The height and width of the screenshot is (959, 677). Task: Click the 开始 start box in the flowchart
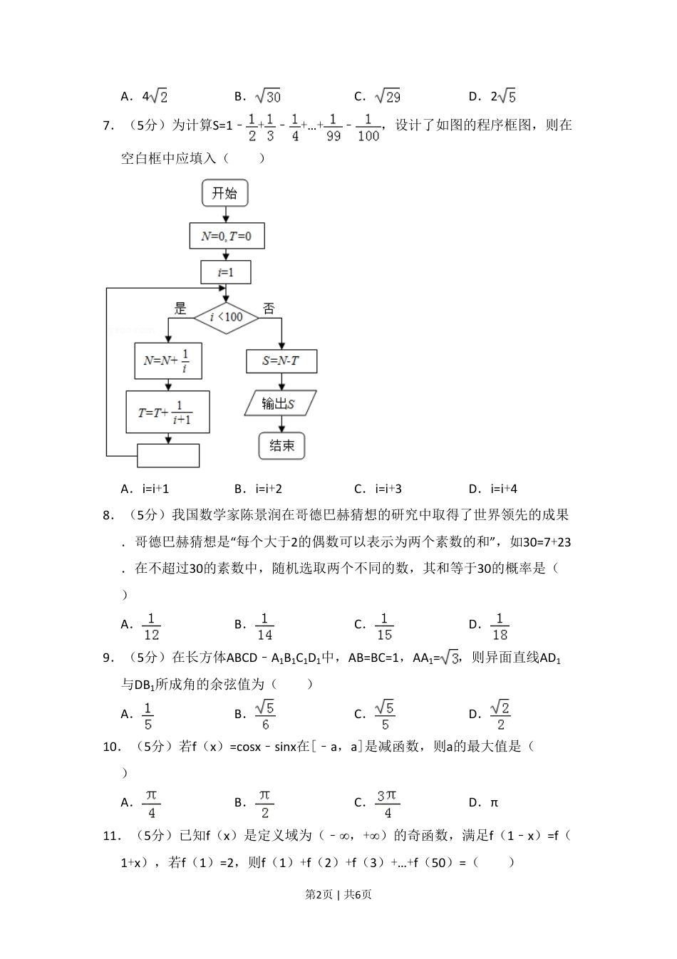pyautogui.click(x=225, y=193)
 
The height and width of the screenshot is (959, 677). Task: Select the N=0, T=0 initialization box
pyautogui.click(x=227, y=236)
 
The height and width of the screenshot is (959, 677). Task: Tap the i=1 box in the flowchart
pyautogui.click(x=226, y=272)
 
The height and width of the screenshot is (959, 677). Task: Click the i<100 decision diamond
pyautogui.click(x=226, y=317)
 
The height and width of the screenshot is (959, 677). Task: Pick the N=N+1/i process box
pyautogui.click(x=167, y=361)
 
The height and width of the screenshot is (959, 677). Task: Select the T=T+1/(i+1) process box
pyautogui.click(x=168, y=412)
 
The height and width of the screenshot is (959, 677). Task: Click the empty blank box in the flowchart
pyautogui.click(x=168, y=455)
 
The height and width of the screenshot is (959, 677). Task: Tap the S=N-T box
pyautogui.click(x=281, y=361)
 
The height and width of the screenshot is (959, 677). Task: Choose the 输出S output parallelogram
pyautogui.click(x=280, y=403)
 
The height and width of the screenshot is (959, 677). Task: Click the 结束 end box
pyautogui.click(x=281, y=446)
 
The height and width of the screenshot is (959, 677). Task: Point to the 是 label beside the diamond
pyautogui.click(x=180, y=309)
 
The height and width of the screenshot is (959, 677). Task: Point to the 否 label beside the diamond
pyautogui.click(x=269, y=309)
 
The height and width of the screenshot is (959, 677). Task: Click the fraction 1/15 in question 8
pyautogui.click(x=384, y=626)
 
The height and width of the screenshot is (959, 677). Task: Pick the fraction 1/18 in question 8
pyautogui.click(x=500, y=626)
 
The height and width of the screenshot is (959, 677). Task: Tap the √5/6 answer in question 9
pyautogui.click(x=265, y=715)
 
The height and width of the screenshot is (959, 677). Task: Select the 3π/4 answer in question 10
pyautogui.click(x=387, y=804)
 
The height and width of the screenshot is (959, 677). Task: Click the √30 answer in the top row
pyautogui.click(x=267, y=96)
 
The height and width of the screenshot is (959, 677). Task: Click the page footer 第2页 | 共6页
pyautogui.click(x=338, y=894)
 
